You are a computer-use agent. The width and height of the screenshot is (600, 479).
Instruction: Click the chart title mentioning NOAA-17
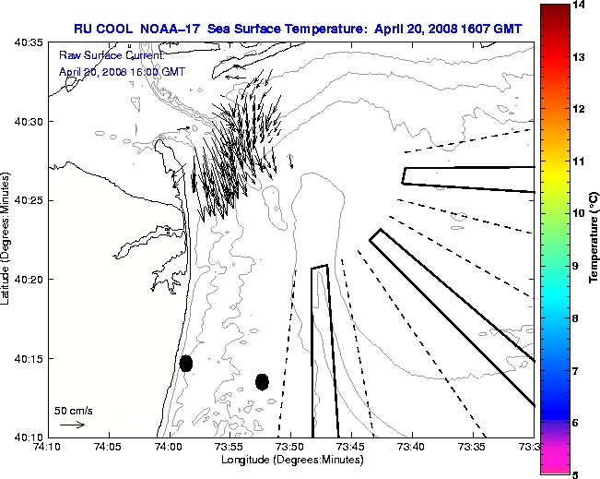pos(299,29)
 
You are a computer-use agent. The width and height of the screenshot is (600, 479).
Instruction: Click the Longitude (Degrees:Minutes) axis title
pos(290,459)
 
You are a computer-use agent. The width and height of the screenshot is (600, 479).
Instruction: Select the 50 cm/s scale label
pos(74,411)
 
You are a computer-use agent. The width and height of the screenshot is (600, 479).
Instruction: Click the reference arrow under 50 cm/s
pos(72,425)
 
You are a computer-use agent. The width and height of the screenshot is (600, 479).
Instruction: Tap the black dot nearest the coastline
pos(186,363)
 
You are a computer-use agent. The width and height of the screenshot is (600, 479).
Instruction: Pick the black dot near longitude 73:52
pos(262,381)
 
